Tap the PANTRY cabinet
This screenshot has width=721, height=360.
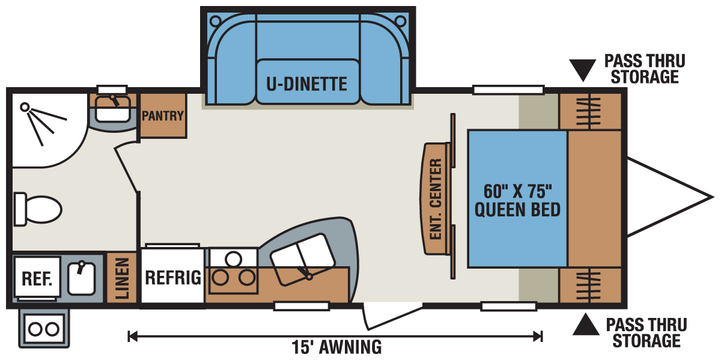pyautogui.click(x=162, y=115)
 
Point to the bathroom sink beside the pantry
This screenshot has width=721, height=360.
pyautogui.click(x=112, y=110)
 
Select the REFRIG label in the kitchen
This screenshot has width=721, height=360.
pyautogui.click(x=172, y=278)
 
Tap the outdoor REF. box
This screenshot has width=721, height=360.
pyautogui.click(x=37, y=279)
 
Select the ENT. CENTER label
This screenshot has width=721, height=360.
pyautogui.click(x=436, y=199)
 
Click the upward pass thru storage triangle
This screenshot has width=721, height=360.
pyautogui.click(x=585, y=326)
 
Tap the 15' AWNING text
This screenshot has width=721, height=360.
pyautogui.click(x=336, y=347)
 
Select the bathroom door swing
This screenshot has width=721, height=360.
pyautogui.click(x=127, y=168)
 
